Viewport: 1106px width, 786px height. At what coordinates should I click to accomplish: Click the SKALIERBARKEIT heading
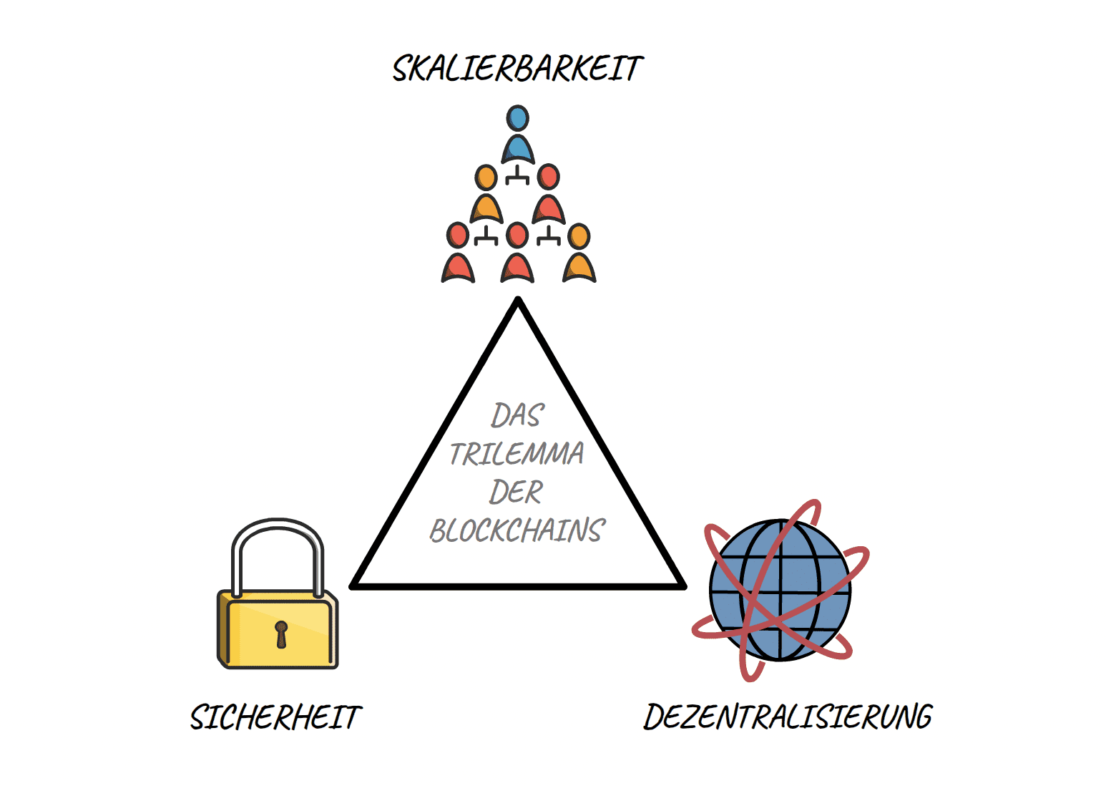pos(517,69)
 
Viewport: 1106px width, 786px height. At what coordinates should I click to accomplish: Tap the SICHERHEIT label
pos(276,717)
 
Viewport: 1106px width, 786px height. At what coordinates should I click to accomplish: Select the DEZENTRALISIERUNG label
pos(788,717)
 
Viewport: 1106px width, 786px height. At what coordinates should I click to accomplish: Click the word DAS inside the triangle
pos(517,415)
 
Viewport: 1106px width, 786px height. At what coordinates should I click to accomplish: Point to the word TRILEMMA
pos(517,454)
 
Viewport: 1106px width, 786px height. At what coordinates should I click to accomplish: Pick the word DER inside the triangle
pos(516,493)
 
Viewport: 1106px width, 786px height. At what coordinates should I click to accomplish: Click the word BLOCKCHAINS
pos(517,530)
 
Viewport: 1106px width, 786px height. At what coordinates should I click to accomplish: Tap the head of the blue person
pos(517,118)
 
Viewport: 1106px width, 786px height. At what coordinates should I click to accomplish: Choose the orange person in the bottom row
pos(579,256)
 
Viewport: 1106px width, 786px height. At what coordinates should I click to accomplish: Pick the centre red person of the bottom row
pos(517,256)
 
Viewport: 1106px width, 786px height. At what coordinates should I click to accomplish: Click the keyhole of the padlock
pos(281,634)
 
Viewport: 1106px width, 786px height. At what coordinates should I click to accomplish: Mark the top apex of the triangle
pos(518,301)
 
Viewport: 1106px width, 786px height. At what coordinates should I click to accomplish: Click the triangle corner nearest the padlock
pos(353,586)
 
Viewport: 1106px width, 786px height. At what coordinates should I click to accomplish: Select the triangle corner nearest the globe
pos(682,586)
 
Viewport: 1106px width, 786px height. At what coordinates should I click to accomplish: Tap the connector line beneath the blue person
pos(517,176)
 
